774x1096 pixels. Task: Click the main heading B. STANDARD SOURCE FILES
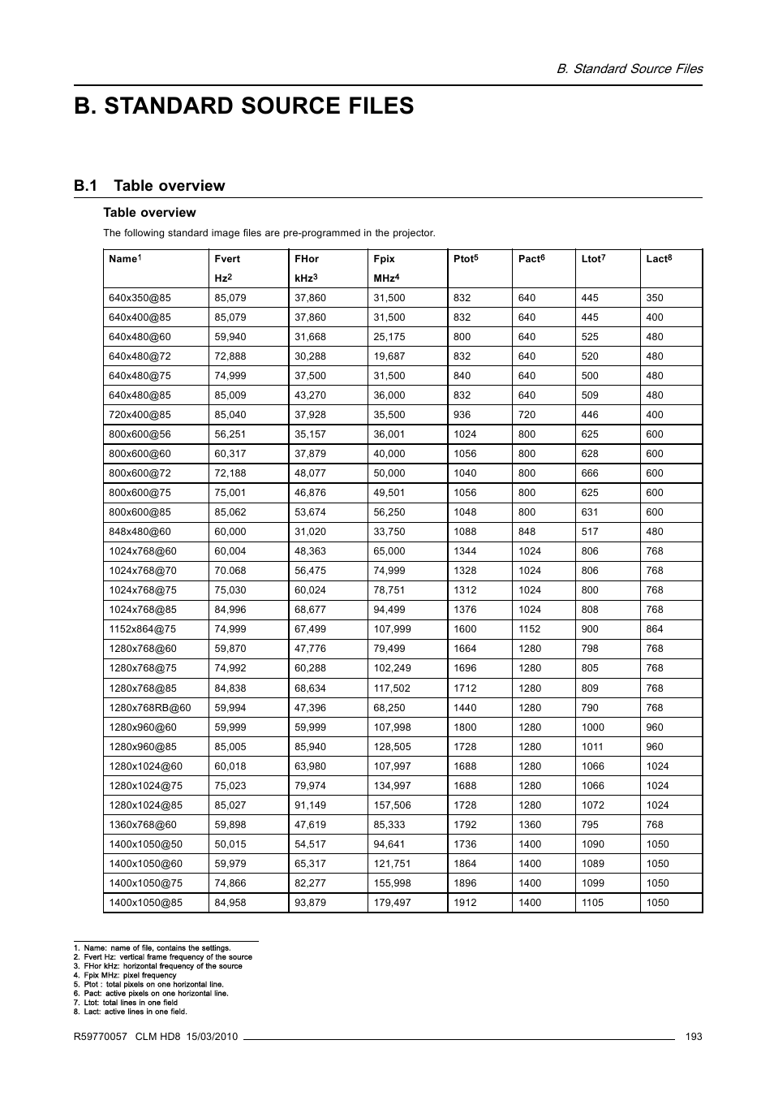243,106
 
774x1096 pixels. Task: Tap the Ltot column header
593,259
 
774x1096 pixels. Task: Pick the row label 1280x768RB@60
150,708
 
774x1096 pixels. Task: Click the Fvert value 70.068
230,571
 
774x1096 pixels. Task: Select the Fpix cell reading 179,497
392,903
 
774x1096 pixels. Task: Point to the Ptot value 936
462,415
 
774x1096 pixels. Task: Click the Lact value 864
654,629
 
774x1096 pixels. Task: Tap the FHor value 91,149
311,805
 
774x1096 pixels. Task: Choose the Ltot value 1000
593,727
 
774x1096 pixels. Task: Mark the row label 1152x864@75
143,629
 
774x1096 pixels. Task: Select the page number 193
693,1037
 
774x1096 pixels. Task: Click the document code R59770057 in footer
101,1037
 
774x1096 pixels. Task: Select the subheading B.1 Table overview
149,186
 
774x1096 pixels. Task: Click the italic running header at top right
629,68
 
